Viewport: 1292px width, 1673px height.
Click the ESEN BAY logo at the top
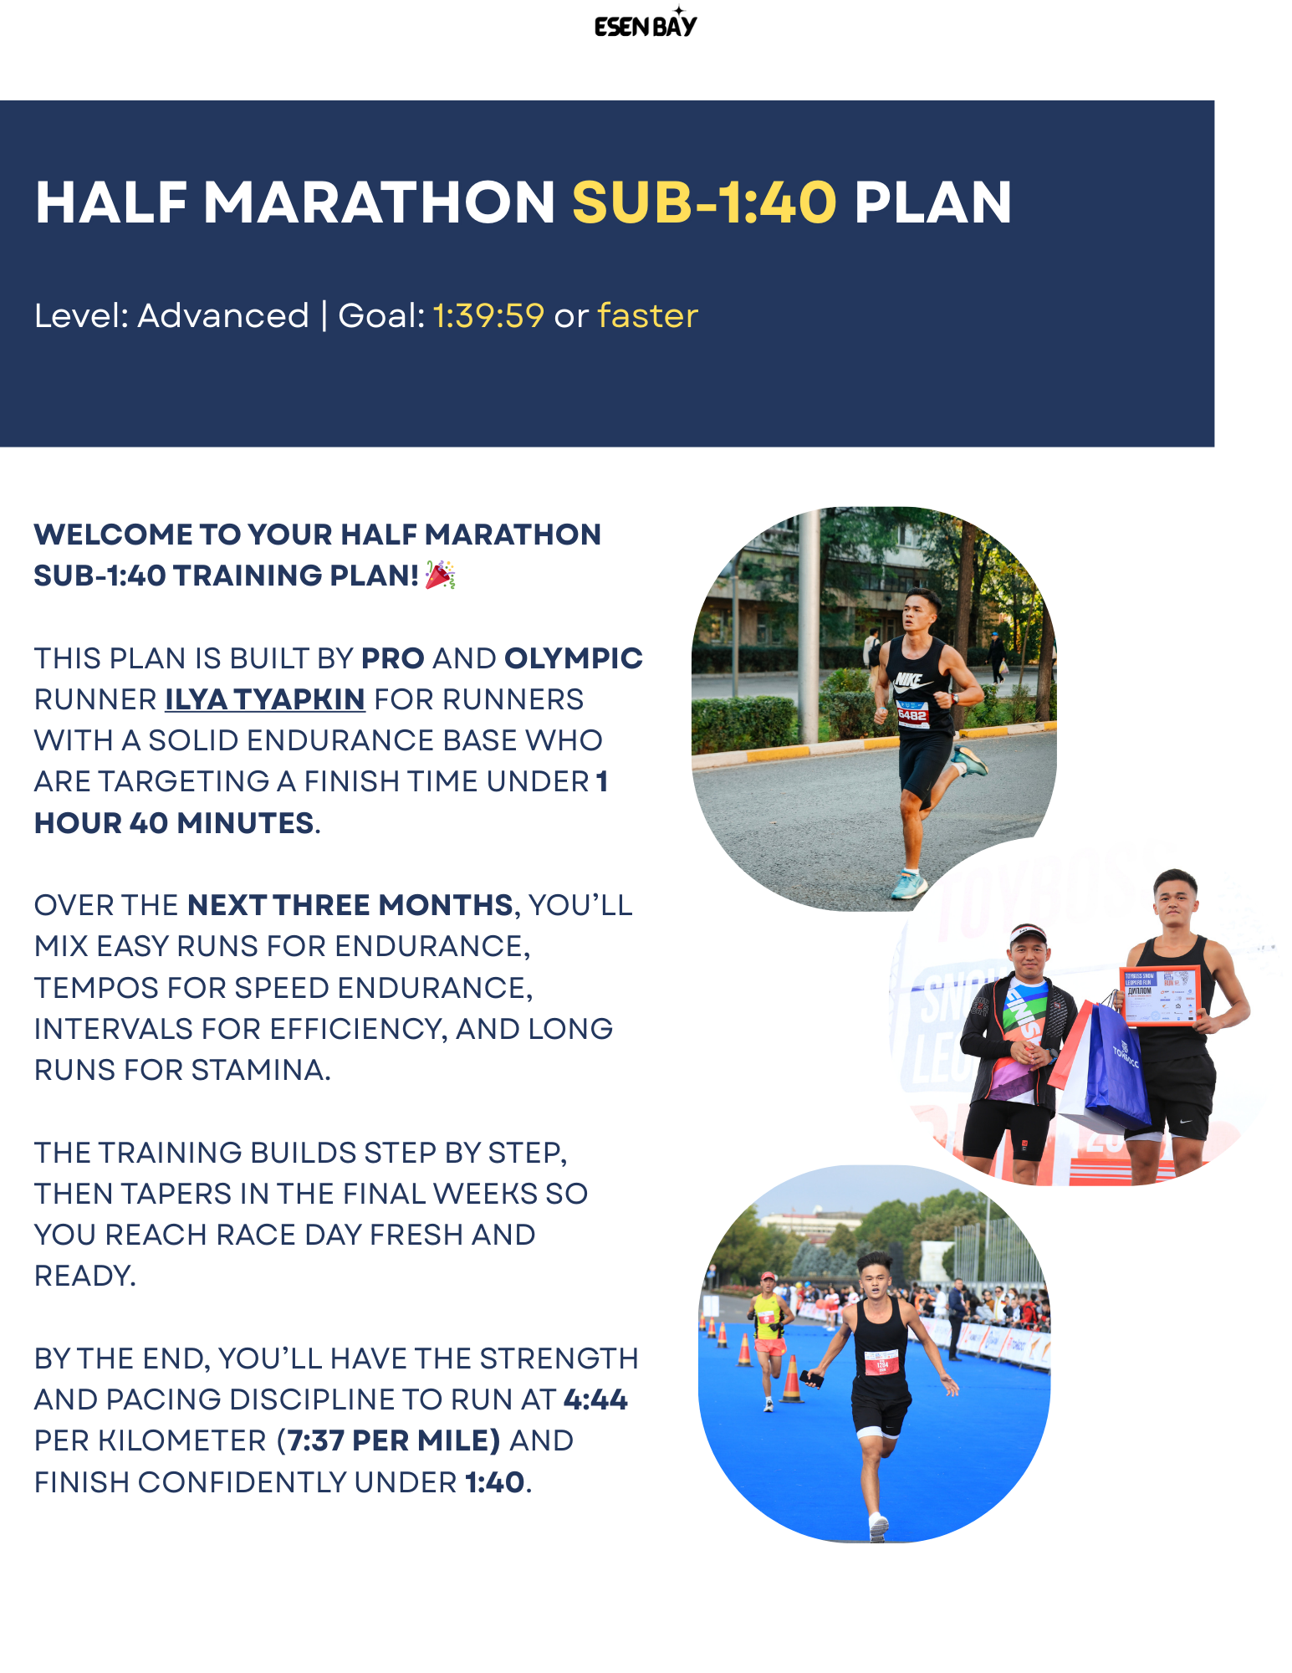tap(645, 25)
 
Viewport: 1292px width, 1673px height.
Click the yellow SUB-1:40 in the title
tap(703, 203)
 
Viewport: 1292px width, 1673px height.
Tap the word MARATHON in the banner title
tap(379, 203)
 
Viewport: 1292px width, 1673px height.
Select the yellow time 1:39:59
tap(488, 316)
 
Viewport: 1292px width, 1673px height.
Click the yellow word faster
tap(647, 316)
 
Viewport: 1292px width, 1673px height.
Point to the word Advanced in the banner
tap(223, 316)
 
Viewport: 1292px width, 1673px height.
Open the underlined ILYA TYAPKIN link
tap(265, 699)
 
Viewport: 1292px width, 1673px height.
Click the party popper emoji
tap(440, 576)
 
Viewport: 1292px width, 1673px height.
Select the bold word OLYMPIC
tap(573, 658)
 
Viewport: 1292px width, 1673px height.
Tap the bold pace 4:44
tap(595, 1399)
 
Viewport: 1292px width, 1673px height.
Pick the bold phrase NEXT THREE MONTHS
tap(350, 905)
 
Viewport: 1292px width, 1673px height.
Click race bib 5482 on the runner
tap(912, 714)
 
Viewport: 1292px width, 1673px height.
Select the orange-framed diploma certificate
tap(1159, 995)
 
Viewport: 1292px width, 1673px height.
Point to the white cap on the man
tap(1027, 933)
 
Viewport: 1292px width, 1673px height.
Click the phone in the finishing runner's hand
tap(810, 1378)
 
